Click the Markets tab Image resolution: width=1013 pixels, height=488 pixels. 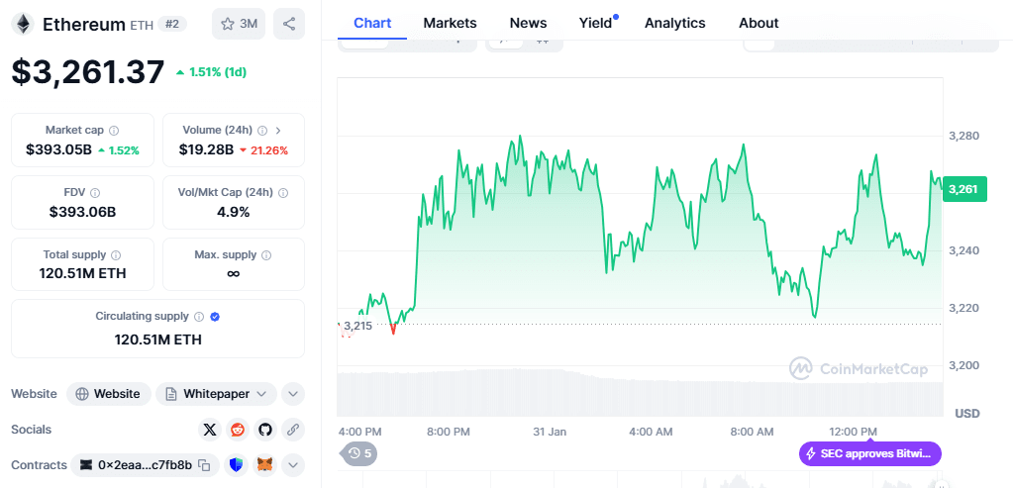(x=450, y=23)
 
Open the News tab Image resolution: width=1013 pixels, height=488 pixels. (x=528, y=23)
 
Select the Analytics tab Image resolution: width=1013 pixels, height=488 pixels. (x=674, y=23)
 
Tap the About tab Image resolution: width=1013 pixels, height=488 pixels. (x=759, y=23)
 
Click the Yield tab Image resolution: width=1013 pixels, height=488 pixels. (x=595, y=23)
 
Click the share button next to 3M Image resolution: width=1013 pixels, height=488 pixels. (x=288, y=24)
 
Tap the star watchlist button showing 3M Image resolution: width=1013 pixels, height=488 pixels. (x=239, y=24)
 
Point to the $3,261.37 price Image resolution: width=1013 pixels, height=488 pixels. (x=88, y=71)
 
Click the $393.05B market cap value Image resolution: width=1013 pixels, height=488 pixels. (x=59, y=149)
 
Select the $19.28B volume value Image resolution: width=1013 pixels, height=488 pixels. (x=206, y=149)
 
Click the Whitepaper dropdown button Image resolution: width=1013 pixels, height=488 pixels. (x=216, y=394)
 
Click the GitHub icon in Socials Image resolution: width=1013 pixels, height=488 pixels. (x=264, y=430)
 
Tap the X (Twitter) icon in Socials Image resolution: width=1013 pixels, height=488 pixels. (x=209, y=430)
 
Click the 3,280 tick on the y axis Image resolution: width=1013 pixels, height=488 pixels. (x=963, y=136)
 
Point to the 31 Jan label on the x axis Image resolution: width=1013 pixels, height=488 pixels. (x=549, y=432)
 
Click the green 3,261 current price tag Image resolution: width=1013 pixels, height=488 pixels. (x=963, y=189)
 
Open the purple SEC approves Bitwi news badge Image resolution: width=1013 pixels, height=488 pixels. (x=869, y=453)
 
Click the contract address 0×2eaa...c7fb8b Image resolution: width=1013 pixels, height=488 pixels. (x=145, y=464)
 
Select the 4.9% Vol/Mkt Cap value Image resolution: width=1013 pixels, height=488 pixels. (x=233, y=211)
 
